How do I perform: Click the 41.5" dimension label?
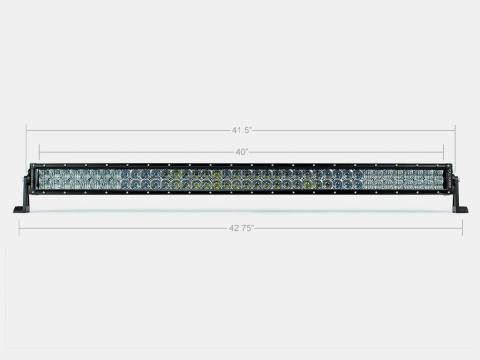click(241, 130)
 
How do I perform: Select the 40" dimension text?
click(241, 152)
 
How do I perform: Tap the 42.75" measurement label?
click(241, 228)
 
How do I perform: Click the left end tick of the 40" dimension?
click(40, 153)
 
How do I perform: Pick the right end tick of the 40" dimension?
click(443, 153)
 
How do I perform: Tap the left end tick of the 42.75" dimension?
click(19, 229)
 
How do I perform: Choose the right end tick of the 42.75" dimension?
click(462, 229)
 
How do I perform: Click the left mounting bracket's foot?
click(21, 209)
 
